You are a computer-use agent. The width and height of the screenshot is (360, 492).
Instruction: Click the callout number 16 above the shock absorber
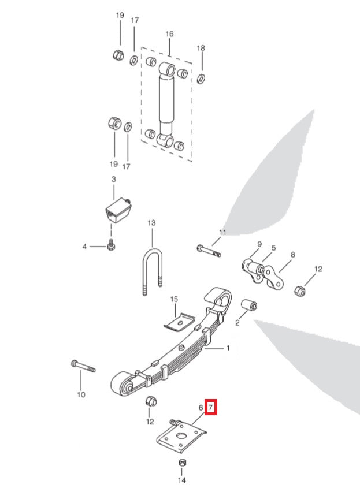pyautogui.click(x=169, y=34)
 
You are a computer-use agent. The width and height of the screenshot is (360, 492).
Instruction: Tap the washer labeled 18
pyautogui.click(x=201, y=78)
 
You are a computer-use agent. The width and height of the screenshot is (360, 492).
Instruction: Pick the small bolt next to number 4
pyautogui.click(x=111, y=247)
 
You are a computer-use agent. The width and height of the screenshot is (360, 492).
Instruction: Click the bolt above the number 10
pyautogui.click(x=84, y=366)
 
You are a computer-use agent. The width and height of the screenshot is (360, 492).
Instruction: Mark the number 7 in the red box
pyautogui.click(x=211, y=408)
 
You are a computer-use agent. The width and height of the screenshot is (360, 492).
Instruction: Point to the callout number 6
pyautogui.click(x=201, y=408)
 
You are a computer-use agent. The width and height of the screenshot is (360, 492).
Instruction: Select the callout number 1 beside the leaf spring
pyautogui.click(x=227, y=348)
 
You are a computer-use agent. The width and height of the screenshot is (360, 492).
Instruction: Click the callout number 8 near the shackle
pyautogui.click(x=293, y=254)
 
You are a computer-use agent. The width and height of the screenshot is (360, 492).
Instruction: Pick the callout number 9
pyautogui.click(x=259, y=244)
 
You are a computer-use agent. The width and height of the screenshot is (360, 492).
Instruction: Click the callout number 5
pyautogui.click(x=273, y=248)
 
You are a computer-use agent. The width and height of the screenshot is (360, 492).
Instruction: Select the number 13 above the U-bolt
pyautogui.click(x=152, y=222)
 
